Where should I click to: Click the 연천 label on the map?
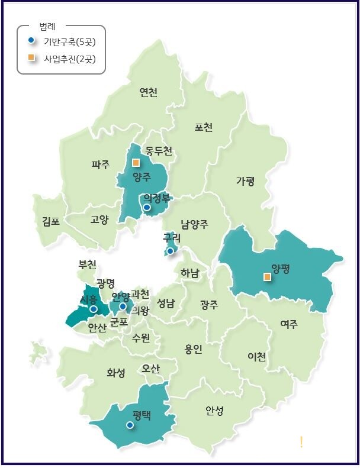[x=148, y=92]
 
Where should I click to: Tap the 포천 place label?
[x=203, y=127]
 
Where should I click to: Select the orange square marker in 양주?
[x=136, y=162]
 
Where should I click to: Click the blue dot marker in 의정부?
[x=147, y=208]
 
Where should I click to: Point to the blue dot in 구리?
[x=170, y=251]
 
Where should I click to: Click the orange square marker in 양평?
[x=267, y=276]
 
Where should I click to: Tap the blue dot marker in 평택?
[x=130, y=425]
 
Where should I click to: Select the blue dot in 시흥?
[x=94, y=309]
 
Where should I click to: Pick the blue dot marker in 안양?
[x=123, y=306]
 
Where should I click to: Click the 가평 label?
[x=245, y=181]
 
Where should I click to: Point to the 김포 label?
[x=51, y=221]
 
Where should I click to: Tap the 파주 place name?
[x=101, y=164]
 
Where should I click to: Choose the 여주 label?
[x=289, y=324]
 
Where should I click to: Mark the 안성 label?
[x=214, y=410]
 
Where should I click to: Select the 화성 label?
[x=116, y=373]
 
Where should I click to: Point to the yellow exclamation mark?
[x=301, y=441]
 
